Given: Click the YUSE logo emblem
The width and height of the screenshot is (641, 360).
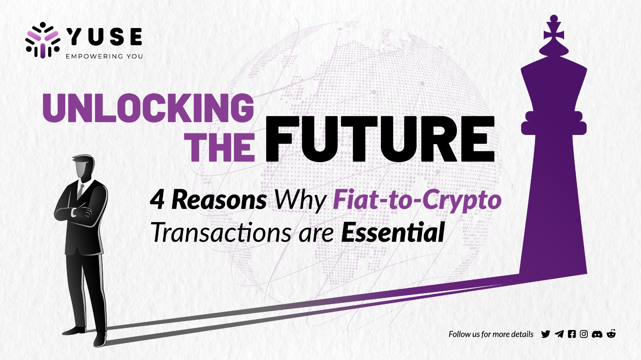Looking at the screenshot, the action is tap(43, 40).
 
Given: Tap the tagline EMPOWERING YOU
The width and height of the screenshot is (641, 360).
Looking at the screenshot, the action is tap(105, 56).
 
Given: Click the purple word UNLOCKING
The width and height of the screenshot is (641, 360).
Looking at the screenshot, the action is tap(148, 108).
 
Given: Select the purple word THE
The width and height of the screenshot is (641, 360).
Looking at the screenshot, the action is tap(220, 148).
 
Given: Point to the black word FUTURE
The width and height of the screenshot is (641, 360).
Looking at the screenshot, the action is tap(380, 139).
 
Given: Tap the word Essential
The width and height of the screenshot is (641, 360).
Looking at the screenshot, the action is tap(393, 232).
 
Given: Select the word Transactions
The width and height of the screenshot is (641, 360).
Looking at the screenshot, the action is tap(221, 232).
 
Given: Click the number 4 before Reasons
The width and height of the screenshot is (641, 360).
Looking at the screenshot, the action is tap(157, 200).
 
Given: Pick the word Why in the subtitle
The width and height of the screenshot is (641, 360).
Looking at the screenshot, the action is tap(300, 201).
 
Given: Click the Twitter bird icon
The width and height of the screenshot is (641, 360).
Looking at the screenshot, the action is tap(545, 334).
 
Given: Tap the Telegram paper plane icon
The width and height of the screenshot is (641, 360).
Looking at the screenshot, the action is tap(559, 334).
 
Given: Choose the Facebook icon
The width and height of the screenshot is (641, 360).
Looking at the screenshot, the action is tap(572, 334).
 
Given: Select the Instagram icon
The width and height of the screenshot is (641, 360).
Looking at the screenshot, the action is tap(584, 334).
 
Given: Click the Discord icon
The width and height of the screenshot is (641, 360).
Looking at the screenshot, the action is tap(597, 334).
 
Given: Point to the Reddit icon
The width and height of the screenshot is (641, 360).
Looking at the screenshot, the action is tap(611, 334).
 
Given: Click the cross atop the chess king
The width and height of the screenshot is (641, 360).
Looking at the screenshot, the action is tap(554, 32).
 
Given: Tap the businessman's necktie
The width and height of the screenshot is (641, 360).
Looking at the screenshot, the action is tap(81, 191).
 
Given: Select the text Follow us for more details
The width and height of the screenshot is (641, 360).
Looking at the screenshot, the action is tap(491, 334).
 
